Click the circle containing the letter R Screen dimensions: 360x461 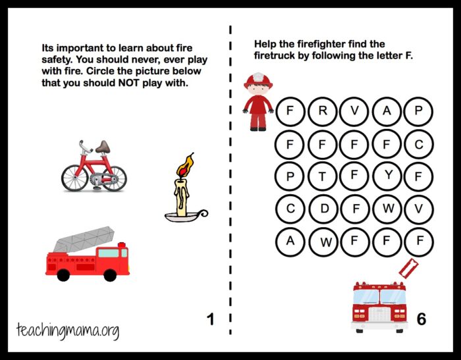(x=322, y=111)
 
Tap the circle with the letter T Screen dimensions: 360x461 (x=322, y=176)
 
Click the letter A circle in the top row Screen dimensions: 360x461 (x=387, y=111)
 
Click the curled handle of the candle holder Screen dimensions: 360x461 (x=202, y=213)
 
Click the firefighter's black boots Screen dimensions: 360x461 (x=258, y=128)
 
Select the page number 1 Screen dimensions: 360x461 (x=211, y=319)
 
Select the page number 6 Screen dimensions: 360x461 (x=421, y=319)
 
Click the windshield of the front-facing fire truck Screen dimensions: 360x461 (x=379, y=297)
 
